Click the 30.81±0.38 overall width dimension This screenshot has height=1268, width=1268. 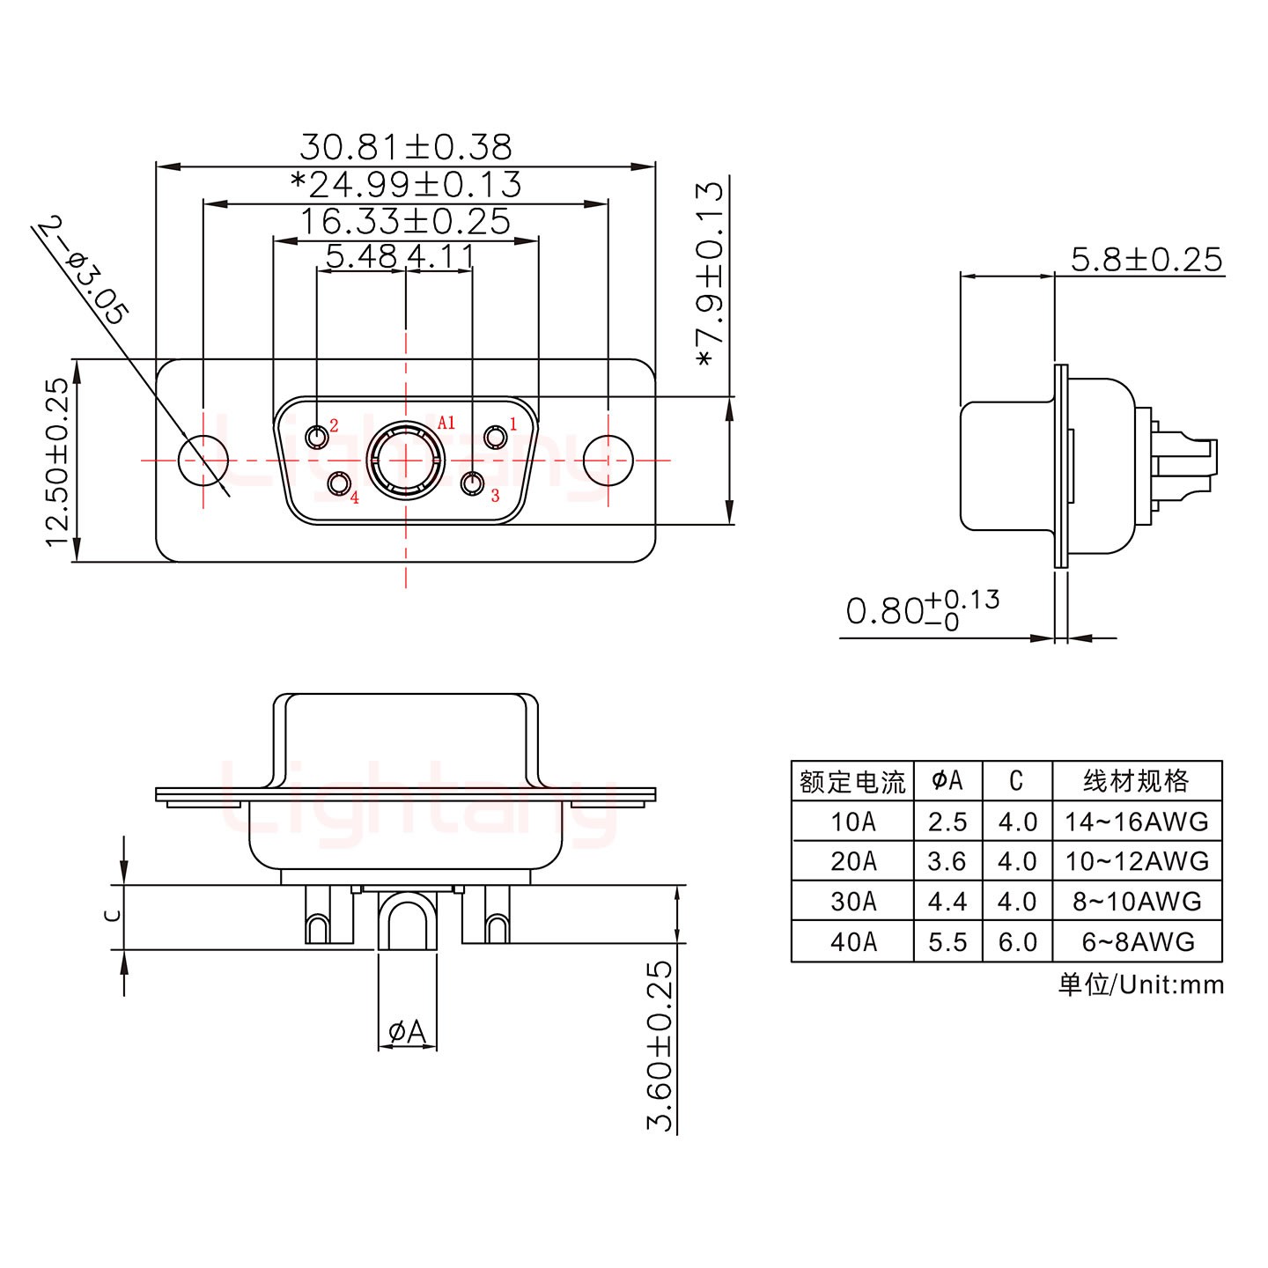[405, 146]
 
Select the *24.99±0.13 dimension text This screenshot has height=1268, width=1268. [405, 184]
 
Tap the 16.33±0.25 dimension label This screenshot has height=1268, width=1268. [405, 221]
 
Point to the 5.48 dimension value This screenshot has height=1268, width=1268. [361, 257]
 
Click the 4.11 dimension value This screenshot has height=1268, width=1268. [441, 257]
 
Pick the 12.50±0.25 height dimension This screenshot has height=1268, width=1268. [57, 461]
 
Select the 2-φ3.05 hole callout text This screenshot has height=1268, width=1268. [85, 273]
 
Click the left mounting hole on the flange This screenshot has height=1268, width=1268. [203, 460]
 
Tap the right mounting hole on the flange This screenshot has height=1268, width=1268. [608, 460]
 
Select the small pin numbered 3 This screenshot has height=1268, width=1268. [474, 483]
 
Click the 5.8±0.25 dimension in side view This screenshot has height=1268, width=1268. [1146, 259]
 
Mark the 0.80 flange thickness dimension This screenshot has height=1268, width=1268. [920, 609]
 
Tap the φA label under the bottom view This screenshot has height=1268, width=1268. [407, 1030]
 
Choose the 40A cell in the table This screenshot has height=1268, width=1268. [853, 942]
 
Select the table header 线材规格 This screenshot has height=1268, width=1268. [1137, 781]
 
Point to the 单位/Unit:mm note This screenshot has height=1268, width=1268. [1140, 984]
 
